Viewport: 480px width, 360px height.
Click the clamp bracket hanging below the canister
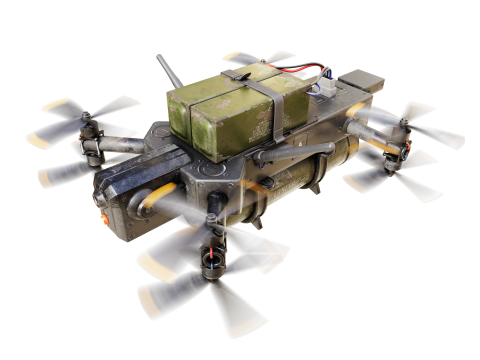(312, 186)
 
